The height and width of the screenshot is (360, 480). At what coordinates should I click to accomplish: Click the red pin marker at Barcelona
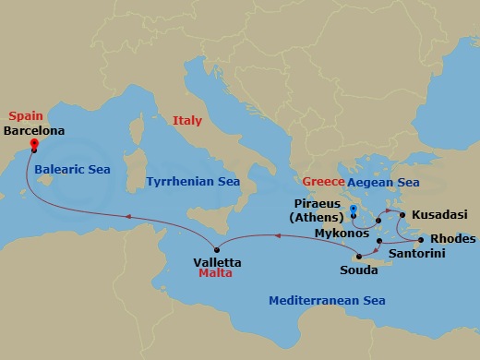pyautogui.click(x=33, y=143)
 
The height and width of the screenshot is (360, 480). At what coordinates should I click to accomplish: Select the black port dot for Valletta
pyautogui.click(x=216, y=249)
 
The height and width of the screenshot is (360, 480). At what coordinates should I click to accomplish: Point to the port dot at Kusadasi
pyautogui.click(x=402, y=216)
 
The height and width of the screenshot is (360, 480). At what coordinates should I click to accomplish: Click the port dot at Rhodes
pyautogui.click(x=422, y=239)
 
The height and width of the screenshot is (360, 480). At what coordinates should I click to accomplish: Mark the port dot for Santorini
pyautogui.click(x=379, y=240)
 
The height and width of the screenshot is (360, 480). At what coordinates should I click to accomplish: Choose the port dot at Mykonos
pyautogui.click(x=378, y=222)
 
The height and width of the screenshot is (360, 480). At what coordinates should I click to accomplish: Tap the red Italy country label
pyautogui.click(x=186, y=121)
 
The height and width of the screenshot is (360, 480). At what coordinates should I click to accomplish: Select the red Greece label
pyautogui.click(x=322, y=182)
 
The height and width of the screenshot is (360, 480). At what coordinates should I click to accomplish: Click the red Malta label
pyautogui.click(x=214, y=274)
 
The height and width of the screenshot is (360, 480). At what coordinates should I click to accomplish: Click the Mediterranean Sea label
pyautogui.click(x=327, y=301)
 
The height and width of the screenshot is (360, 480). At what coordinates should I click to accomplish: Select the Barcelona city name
pyautogui.click(x=34, y=131)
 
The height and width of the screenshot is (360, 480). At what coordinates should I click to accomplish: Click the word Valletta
pyautogui.click(x=217, y=262)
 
